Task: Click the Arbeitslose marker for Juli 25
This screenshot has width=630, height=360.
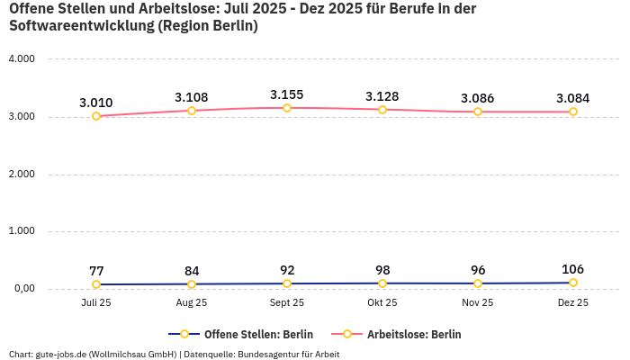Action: [96, 116]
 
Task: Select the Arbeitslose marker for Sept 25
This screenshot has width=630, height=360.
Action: [287, 108]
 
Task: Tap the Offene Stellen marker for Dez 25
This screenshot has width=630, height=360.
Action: [573, 283]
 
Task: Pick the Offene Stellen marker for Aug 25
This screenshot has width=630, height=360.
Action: [192, 284]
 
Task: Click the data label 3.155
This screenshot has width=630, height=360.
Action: [287, 94]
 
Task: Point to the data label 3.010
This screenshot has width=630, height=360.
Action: [96, 103]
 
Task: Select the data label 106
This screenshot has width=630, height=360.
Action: [573, 269]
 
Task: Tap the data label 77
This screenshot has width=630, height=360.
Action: [96, 271]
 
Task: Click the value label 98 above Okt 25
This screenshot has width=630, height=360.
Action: [382, 270]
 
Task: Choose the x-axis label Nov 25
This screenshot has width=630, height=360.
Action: [478, 303]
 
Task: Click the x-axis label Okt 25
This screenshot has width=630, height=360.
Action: [382, 303]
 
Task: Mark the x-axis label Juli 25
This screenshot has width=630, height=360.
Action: [96, 303]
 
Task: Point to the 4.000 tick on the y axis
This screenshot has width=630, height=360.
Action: [21, 59]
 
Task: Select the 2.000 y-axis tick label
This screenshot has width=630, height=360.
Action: [21, 174]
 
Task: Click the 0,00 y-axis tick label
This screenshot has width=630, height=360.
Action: [22, 289]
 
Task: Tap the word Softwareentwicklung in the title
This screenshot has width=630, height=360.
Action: [81, 26]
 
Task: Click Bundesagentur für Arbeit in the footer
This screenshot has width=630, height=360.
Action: [288, 354]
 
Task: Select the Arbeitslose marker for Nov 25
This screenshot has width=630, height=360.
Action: [478, 112]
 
